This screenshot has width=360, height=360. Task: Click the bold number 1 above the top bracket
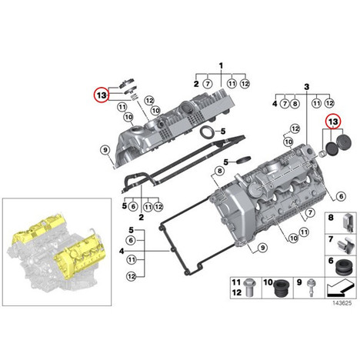[x=221, y=66]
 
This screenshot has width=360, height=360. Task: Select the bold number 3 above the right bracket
[x=307, y=87]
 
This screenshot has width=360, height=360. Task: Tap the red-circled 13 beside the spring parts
[x=102, y=95]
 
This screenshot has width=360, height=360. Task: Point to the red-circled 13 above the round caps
[x=333, y=121]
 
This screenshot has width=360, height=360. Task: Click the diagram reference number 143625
[x=342, y=303]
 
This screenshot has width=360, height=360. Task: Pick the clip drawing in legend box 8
[x=348, y=222]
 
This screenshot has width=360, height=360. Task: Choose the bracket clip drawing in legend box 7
[x=345, y=245]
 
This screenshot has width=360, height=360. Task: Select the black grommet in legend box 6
[x=345, y=268]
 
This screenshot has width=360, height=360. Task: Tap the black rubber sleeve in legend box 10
[x=282, y=288]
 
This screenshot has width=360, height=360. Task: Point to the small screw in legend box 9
[x=311, y=288]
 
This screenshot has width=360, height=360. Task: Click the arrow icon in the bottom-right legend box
[x=341, y=288]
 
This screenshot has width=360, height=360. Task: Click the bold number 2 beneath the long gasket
[x=142, y=218]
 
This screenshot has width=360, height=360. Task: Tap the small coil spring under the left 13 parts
[x=135, y=98]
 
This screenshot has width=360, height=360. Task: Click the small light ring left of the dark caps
[x=323, y=155]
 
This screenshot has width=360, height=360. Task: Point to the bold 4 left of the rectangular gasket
[x=122, y=252]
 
